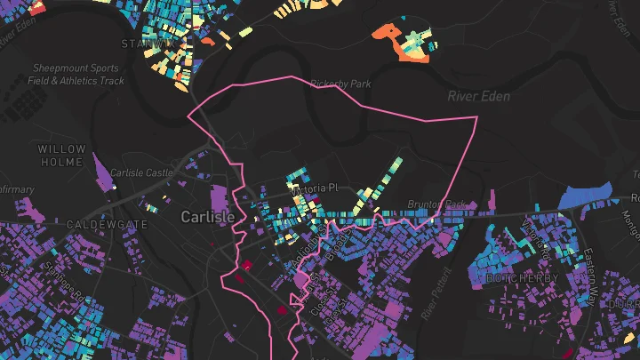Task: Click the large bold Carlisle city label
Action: pos(208,217)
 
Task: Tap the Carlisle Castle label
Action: pos(140,172)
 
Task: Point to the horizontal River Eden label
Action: pos(479,96)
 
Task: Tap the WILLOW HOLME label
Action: pos(62,156)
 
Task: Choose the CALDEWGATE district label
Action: pos(107,225)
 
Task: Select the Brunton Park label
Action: pos(436,204)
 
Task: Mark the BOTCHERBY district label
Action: pos(522,278)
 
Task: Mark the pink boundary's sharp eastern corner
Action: pos(477,116)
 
